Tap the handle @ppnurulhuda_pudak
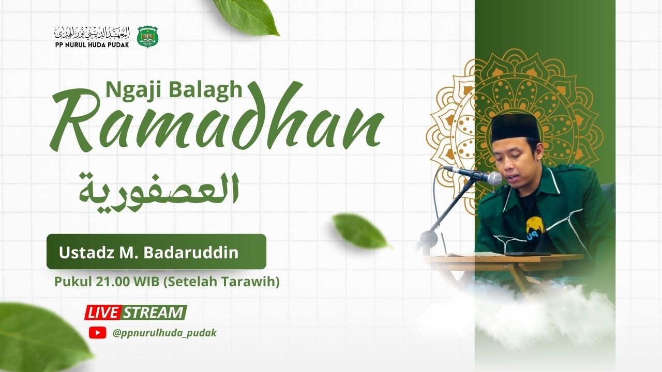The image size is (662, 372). [164, 333]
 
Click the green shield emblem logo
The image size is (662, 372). [148, 37]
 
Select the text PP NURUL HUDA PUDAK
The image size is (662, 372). [92, 45]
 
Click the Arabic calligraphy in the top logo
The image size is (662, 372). [92, 33]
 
